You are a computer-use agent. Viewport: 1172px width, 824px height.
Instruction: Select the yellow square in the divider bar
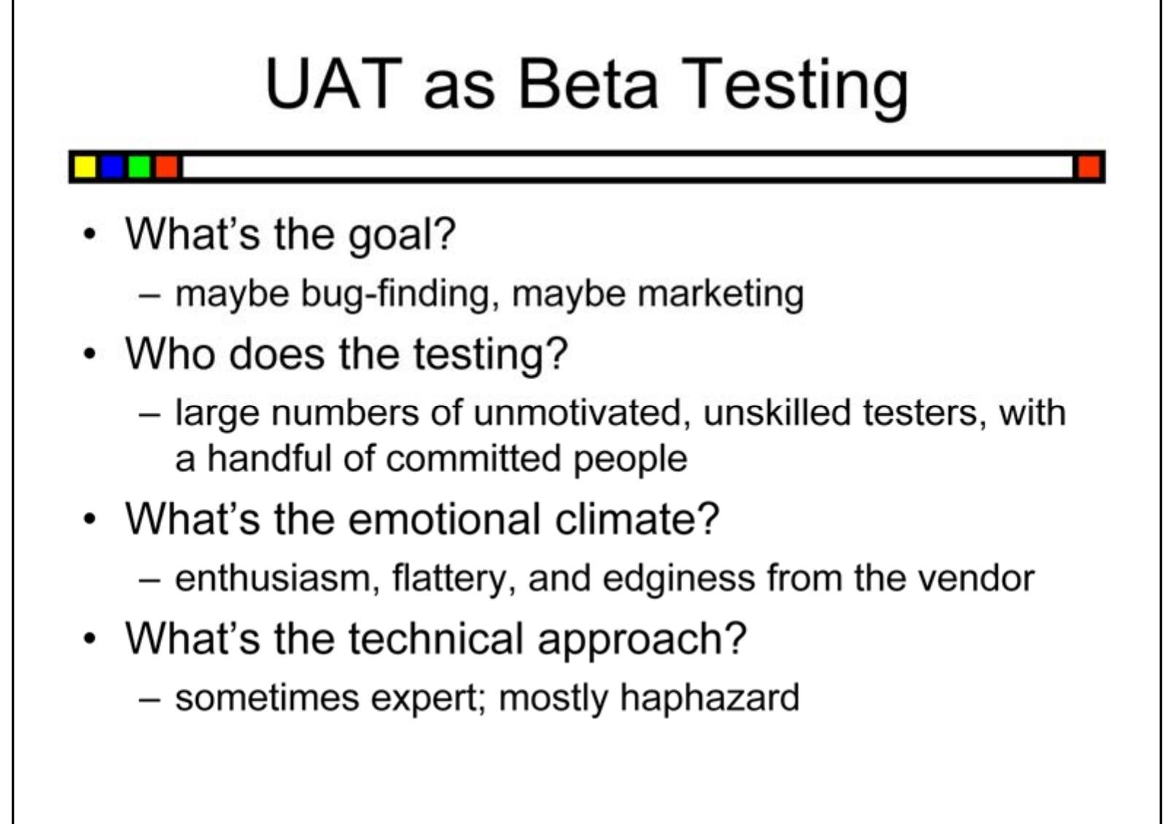[85, 167]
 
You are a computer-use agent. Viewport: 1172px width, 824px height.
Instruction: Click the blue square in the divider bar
[112, 167]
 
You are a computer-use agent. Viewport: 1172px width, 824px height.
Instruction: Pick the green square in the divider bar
[139, 167]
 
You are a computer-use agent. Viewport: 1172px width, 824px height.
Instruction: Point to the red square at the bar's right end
[1088, 167]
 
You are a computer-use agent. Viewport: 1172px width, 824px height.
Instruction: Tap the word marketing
[720, 294]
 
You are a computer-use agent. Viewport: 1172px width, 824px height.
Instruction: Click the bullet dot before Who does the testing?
[89, 355]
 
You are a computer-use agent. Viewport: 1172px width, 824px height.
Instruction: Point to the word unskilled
[777, 413]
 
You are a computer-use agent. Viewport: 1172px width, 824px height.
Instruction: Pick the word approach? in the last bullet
[641, 640]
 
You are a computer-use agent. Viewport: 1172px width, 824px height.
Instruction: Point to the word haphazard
[709, 698]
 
